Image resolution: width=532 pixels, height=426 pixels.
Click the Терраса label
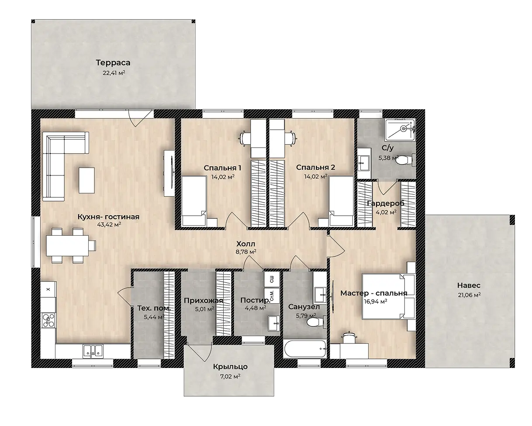pyautogui.click(x=113, y=63)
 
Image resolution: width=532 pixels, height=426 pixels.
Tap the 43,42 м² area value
pyautogui.click(x=109, y=224)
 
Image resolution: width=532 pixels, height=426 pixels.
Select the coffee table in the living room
pyautogui.click(x=86, y=180)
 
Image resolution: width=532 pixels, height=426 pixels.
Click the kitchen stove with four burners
pyautogui.click(x=48, y=320)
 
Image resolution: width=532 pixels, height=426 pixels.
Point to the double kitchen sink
pyautogui.click(x=93, y=351)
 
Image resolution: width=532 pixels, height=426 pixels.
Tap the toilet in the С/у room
pyautogui.click(x=405, y=161)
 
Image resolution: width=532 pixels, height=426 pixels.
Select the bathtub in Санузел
pyautogui.click(x=305, y=349)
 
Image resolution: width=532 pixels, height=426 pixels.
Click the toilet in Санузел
pyautogui.click(x=316, y=322)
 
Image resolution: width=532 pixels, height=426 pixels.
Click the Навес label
pyautogui.click(x=469, y=285)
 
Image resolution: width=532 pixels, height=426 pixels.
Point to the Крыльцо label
pyautogui.click(x=230, y=367)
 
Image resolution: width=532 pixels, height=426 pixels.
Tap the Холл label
pyautogui.click(x=246, y=244)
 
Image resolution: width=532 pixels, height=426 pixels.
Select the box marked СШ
pyautogui.click(x=272, y=279)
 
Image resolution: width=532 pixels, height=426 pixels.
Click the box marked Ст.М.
pyautogui.click(x=272, y=296)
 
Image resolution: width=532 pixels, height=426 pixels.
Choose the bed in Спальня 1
pyautogui.click(x=194, y=201)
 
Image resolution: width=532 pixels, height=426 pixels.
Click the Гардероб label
pyautogui.click(x=386, y=203)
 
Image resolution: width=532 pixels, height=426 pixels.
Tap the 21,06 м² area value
pyautogui.click(x=469, y=295)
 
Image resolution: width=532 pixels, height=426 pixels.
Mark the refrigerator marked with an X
pyautogui.click(x=48, y=289)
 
